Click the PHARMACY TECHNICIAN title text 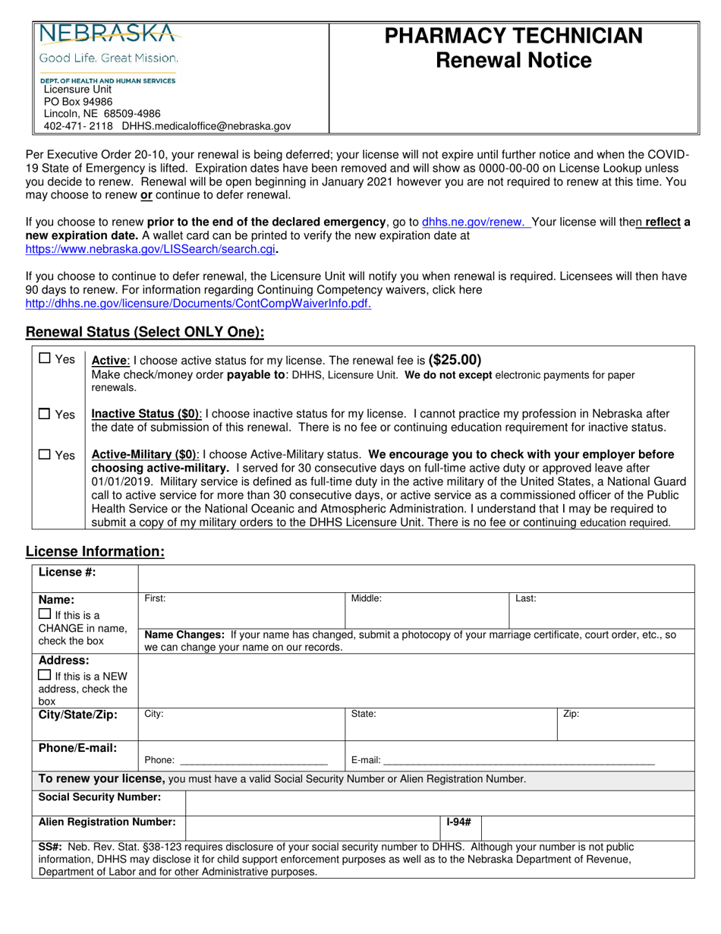pyautogui.click(x=513, y=36)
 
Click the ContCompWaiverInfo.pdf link pyautogui.click(x=198, y=304)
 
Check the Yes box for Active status pyautogui.click(x=45, y=358)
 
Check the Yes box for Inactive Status pyautogui.click(x=45, y=414)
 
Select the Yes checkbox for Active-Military pyautogui.click(x=45, y=454)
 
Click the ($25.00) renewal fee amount pyautogui.click(x=455, y=360)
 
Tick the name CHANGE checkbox pyautogui.click(x=45, y=614)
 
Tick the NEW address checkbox pyautogui.click(x=45, y=675)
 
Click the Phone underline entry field pyautogui.click(x=253, y=759)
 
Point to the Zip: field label pyautogui.click(x=571, y=715)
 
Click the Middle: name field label pyautogui.click(x=366, y=598)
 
